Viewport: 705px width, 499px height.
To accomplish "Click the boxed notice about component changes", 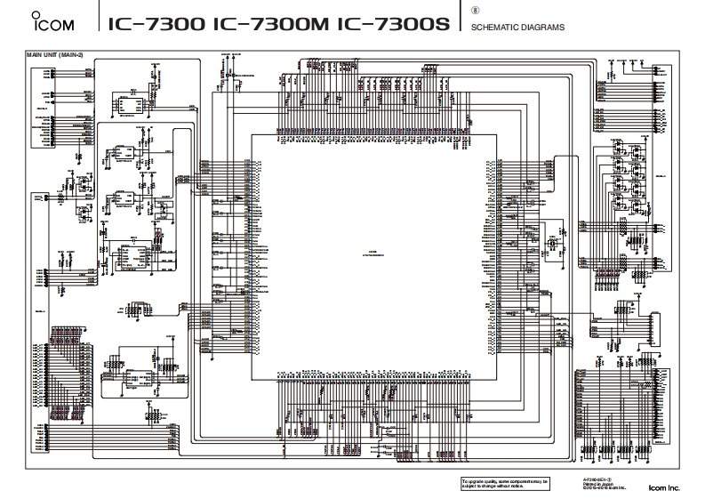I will click(x=505, y=483).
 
